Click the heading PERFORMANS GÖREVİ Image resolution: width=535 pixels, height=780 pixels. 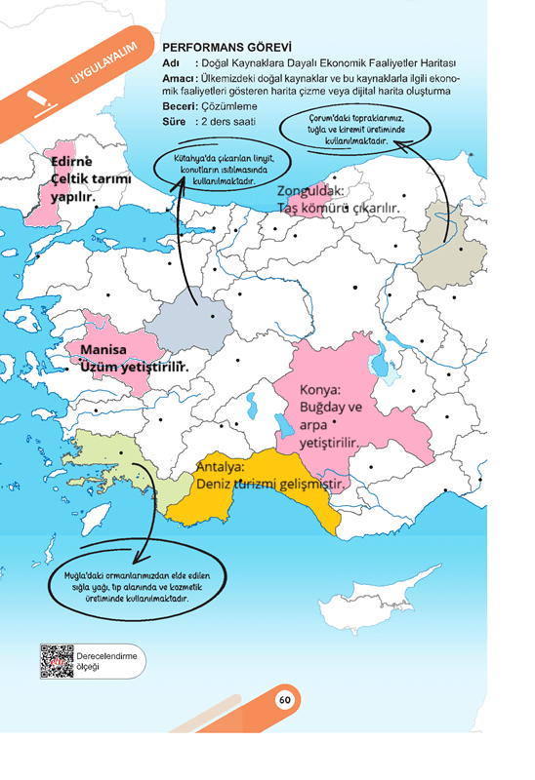tap(226, 47)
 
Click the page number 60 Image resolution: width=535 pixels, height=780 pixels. tap(284, 699)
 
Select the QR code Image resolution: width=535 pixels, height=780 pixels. tap(58, 661)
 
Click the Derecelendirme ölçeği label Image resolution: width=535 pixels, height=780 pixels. tap(106, 661)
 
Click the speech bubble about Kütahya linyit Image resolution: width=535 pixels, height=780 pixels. tap(216, 171)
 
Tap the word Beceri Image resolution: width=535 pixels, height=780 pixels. tap(179, 105)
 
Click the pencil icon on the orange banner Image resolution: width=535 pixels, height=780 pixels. tap(37, 98)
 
